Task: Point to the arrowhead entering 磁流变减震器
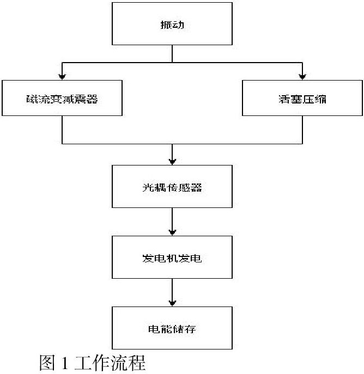pos(62,77)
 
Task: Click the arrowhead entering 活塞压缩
pos(302,77)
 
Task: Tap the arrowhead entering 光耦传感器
pos(172,162)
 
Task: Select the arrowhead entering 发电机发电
pos(172,232)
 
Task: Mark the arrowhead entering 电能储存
pos(172,303)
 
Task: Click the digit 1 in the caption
pos(64,363)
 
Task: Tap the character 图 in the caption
pos(47,363)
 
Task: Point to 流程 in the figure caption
pos(128,363)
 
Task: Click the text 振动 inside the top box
pos(172,25)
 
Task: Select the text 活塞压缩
pos(302,99)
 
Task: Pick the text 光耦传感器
pos(172,188)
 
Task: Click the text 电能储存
pos(172,329)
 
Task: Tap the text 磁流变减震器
pos(62,99)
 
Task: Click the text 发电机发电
pos(172,259)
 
